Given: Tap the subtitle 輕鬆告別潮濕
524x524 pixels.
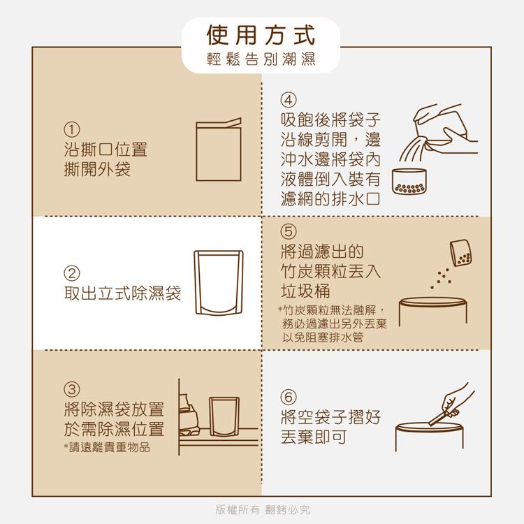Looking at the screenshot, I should [x=261, y=60].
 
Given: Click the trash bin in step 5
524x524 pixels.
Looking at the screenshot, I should [x=431, y=321].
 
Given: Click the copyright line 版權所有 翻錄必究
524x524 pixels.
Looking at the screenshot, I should [x=262, y=510].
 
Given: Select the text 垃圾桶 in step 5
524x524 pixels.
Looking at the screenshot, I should [x=305, y=291].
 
